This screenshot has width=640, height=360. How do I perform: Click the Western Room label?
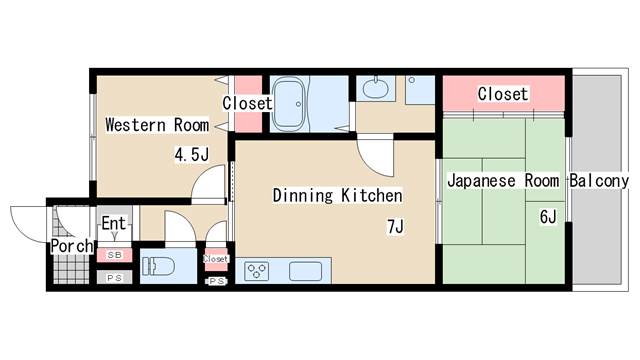pos(157,124)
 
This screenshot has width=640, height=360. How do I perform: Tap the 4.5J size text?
pos(191,155)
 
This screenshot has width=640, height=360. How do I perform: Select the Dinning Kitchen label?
pos(337,195)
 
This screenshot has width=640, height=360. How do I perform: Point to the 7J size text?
pos(395,227)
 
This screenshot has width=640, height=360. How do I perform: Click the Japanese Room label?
pos(503,180)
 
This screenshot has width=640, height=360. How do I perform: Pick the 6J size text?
pos(548,217)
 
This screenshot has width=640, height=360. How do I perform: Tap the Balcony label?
pos(599,180)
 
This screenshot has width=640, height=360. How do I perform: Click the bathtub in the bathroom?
pos(289,104)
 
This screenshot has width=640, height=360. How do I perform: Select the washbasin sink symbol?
pos(376,87)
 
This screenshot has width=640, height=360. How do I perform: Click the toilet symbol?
pos(159,266)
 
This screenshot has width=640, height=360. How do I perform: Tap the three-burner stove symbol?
pos(256,271)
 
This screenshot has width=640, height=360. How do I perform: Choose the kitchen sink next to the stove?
pos(305,271)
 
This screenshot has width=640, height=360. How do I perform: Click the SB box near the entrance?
pos(114,255)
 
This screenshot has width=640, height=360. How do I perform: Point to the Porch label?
pos(72,246)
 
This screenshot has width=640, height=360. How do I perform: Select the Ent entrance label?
pos(113,223)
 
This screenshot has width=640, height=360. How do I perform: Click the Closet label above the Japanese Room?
pos(503,94)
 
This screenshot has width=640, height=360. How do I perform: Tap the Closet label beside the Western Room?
pos(247,103)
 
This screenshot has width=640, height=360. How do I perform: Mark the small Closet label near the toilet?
pos(216,259)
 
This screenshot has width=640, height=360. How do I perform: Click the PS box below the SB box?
pos(114,278)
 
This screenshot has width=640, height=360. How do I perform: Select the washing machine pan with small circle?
pos(420,90)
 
